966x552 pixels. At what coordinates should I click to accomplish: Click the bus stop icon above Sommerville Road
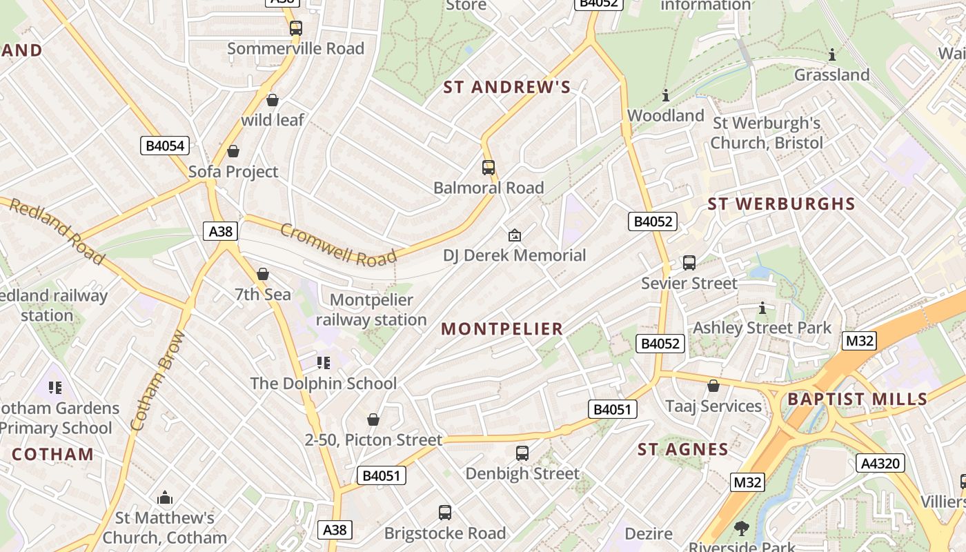point(295,28)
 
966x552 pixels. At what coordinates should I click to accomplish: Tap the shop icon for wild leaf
point(273,100)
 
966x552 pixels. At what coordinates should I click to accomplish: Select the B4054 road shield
point(165,146)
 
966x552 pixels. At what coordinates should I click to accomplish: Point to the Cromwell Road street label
point(338,245)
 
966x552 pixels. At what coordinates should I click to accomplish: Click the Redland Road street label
point(56,231)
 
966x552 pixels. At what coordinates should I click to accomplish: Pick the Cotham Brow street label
point(158,380)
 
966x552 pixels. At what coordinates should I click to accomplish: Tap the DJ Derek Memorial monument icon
point(514,236)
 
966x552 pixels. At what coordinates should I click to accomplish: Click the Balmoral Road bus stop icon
point(489,168)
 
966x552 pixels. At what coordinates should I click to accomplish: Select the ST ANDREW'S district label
point(507,87)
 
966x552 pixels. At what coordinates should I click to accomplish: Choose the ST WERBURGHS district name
point(781,204)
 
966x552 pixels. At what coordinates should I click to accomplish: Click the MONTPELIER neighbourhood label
point(502,329)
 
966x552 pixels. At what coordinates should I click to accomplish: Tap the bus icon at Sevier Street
point(689,263)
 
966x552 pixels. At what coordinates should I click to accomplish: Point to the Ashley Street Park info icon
point(762,308)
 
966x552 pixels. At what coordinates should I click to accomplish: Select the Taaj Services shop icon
point(713,386)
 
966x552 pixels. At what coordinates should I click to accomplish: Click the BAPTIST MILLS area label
point(858,400)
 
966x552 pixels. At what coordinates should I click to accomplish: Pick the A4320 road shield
point(880,463)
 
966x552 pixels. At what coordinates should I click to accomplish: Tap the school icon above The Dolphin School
point(324,363)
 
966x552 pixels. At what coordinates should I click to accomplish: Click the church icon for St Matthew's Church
point(165,497)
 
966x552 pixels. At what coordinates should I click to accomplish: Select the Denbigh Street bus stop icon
point(522,453)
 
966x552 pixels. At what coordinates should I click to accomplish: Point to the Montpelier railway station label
point(371,310)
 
